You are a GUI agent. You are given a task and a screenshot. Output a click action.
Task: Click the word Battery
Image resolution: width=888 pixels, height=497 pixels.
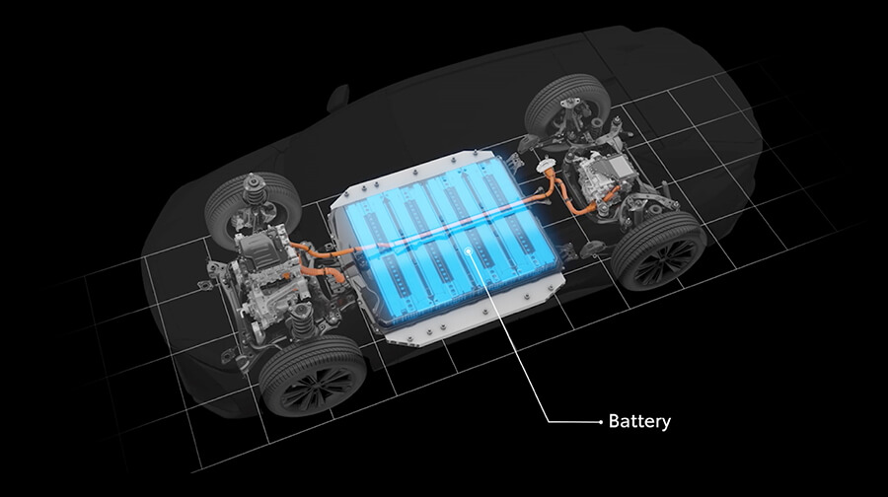coord(639,422)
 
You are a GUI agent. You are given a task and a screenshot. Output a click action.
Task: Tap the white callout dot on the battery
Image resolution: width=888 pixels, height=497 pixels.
coord(468,249)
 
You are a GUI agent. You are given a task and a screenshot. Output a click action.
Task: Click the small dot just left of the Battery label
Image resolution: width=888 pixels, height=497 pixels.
coord(600,422)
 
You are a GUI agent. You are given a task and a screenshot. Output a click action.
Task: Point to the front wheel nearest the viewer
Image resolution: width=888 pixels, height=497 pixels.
coord(312,376)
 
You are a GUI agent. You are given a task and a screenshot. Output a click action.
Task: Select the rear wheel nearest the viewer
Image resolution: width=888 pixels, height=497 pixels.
coord(660,250)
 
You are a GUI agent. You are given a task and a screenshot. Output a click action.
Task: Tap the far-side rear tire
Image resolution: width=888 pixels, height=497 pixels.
coord(567,107)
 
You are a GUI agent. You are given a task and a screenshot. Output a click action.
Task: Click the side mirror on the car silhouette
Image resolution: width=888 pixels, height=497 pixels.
coord(338,98)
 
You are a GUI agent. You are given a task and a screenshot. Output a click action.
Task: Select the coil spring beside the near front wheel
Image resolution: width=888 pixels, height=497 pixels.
coord(300,320)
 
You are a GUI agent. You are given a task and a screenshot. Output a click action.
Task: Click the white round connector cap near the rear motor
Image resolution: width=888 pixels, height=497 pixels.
coord(546,166)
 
